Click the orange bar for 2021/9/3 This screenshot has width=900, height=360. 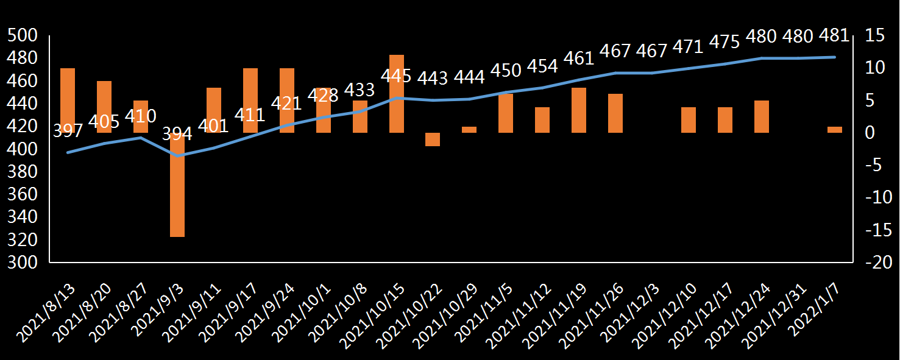pos(177,195)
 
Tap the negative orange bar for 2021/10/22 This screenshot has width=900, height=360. pos(433,139)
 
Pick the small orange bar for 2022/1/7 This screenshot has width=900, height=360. pos(835,130)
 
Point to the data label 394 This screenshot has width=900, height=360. pos(177,134)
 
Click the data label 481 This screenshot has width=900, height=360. pos(834,36)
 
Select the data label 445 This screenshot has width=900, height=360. pos(397,77)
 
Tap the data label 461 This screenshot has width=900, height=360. pos(578,58)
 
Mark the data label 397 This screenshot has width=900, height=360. pos(68,130)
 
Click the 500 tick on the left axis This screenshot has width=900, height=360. pos(23,36)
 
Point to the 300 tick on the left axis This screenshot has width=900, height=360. pos(23,263)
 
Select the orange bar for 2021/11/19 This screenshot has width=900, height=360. pos(579,110)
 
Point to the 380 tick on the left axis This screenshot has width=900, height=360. pos(23,172)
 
